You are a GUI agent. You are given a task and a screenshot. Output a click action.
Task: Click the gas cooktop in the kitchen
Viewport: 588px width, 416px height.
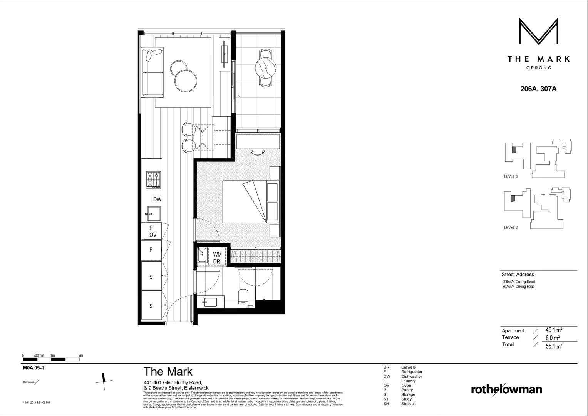coord(153,180)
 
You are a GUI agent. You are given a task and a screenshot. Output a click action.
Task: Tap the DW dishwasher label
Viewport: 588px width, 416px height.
coord(157,200)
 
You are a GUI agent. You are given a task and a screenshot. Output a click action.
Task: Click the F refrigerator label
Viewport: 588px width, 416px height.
coord(151,250)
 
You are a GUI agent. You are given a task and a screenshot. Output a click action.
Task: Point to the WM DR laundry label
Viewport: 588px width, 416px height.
coord(217,258)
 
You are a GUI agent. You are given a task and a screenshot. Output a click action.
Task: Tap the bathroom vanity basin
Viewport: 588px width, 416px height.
coord(211,302)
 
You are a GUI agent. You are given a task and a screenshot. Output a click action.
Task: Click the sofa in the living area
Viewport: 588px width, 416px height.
coord(153,72)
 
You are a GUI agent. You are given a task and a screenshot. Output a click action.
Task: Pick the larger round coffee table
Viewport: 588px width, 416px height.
coord(186,80)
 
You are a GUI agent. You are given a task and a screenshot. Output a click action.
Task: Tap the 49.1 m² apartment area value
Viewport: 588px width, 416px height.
coord(554,330)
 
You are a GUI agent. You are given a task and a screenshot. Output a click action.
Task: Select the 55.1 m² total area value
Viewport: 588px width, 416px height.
coord(554,346)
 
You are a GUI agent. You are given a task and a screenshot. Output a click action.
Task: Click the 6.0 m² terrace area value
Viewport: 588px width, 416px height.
coord(552,338)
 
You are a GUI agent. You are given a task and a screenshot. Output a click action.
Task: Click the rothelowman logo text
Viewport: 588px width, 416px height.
coord(506,389)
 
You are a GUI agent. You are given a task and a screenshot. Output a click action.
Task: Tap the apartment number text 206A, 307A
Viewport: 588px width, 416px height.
coord(538,89)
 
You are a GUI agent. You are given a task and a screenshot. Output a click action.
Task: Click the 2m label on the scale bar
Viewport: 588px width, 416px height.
coord(80,356)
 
